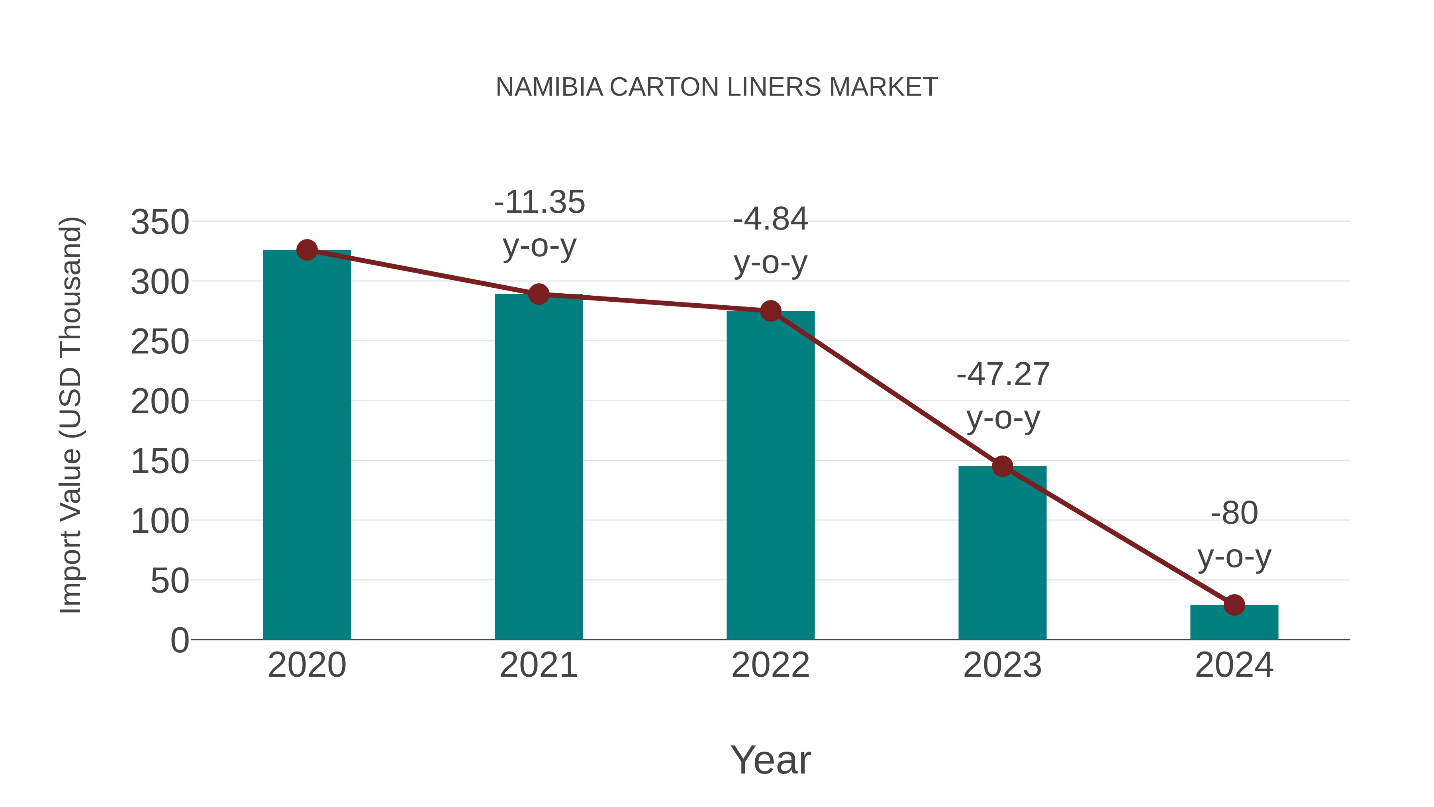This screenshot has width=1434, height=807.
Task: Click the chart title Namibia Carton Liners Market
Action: click(717, 87)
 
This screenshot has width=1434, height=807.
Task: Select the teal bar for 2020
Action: click(307, 446)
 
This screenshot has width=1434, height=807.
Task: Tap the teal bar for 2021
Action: click(538, 468)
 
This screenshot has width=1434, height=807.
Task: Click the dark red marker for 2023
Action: click(1002, 467)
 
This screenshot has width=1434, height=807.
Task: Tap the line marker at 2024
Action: click(1234, 605)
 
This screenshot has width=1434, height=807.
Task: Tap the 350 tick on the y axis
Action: click(160, 223)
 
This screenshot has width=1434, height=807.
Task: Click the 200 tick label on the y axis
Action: click(160, 402)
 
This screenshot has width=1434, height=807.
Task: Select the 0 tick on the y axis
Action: click(180, 640)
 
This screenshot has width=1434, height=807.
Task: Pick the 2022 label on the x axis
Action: click(770, 666)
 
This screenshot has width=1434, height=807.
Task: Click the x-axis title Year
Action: click(770, 760)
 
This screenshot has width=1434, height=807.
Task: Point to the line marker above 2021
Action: click(538, 294)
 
